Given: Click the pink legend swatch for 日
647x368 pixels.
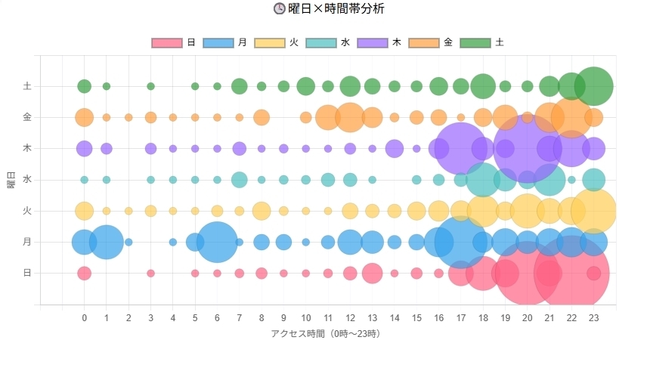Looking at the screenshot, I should (x=167, y=43).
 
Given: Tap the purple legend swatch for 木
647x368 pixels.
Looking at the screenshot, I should (x=373, y=43).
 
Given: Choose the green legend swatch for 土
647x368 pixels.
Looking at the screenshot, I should (x=475, y=43).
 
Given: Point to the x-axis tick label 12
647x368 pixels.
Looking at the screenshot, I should (x=350, y=318).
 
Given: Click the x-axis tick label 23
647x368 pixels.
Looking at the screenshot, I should (x=594, y=318).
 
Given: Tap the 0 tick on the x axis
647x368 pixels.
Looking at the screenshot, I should (x=85, y=318).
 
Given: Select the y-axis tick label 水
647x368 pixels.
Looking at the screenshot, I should (x=28, y=180).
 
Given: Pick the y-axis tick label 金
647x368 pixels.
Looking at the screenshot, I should (x=28, y=117).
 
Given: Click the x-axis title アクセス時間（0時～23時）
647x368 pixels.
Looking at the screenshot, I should (x=326, y=333).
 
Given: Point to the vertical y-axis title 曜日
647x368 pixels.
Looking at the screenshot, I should (x=12, y=180).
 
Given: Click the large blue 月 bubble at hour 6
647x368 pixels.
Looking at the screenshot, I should (x=217, y=242).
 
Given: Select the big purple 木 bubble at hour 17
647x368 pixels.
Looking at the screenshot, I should (x=461, y=148).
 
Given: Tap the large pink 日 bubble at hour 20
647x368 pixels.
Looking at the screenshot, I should (x=528, y=273).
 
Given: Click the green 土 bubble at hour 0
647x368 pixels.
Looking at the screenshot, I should (x=85, y=86).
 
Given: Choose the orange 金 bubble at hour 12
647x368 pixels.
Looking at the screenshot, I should (x=350, y=117).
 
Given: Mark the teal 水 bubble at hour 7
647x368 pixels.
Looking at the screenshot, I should (x=240, y=180).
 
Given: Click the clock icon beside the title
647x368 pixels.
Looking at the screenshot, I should (x=279, y=9).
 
